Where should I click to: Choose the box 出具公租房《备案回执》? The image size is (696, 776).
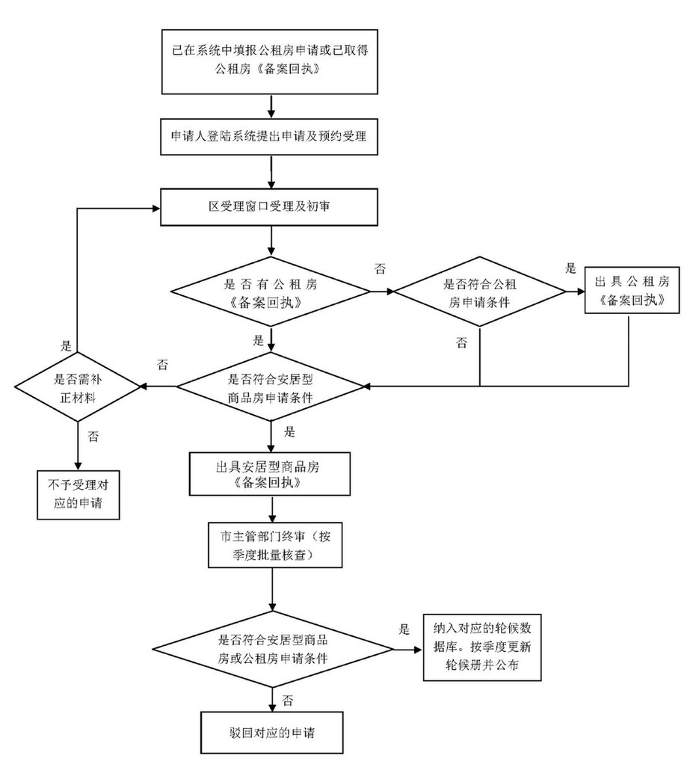(x=632, y=290)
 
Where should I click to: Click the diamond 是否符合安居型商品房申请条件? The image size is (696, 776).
(x=272, y=387)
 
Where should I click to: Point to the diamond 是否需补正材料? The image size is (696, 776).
(x=77, y=386)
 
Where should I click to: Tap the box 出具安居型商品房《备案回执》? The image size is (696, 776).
(x=272, y=474)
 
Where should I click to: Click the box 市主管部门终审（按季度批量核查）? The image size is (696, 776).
(x=272, y=546)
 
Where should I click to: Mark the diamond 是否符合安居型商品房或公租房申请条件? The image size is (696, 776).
(x=272, y=648)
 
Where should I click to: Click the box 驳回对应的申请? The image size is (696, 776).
(x=272, y=732)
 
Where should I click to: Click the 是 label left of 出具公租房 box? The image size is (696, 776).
(x=571, y=268)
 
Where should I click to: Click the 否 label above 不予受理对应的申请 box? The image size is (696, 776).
(x=92, y=434)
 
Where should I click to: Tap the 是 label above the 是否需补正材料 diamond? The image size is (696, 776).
(x=66, y=346)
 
